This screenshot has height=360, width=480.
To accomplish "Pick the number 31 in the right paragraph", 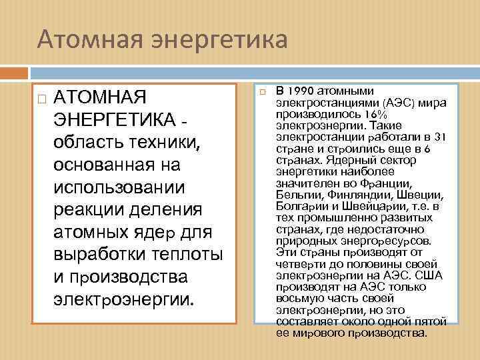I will click(x=439, y=137).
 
